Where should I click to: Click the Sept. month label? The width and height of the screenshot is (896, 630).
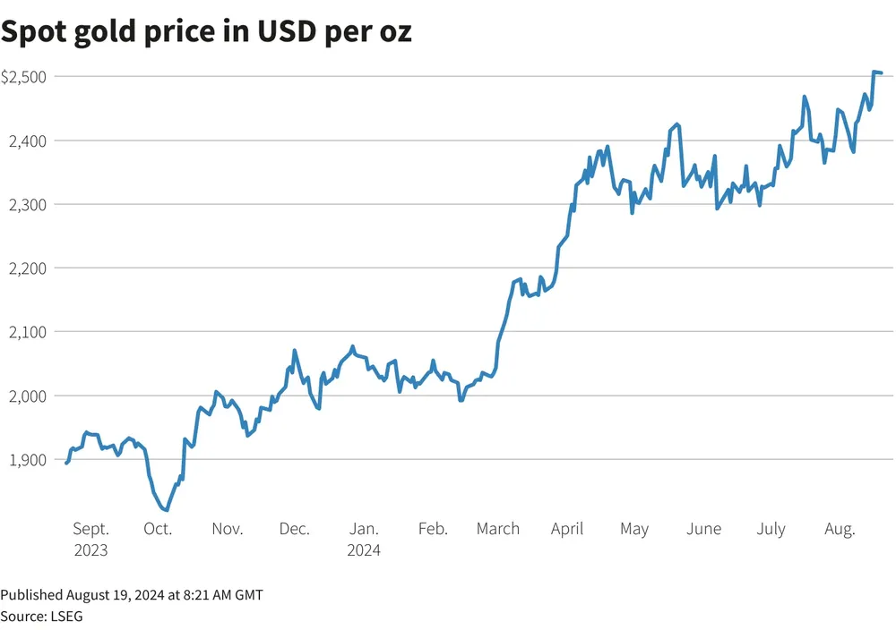pyautogui.click(x=90, y=529)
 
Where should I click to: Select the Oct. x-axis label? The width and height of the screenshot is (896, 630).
pyautogui.click(x=158, y=529)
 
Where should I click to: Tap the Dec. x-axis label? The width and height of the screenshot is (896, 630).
pyautogui.click(x=294, y=529)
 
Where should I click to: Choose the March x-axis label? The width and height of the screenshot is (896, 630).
pyautogui.click(x=498, y=529)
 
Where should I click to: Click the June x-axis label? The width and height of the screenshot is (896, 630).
pyautogui.click(x=703, y=529)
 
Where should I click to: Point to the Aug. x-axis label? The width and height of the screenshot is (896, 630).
pyautogui.click(x=840, y=529)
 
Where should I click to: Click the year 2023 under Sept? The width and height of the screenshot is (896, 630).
pyautogui.click(x=90, y=550)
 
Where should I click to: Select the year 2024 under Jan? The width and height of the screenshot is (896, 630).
pyautogui.click(x=364, y=550)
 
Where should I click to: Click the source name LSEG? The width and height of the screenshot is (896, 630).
pyautogui.click(x=65, y=616)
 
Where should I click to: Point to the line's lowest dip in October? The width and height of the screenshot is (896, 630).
pyautogui.click(x=166, y=510)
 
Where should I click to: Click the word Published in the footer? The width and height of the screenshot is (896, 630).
pyautogui.click(x=31, y=594)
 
